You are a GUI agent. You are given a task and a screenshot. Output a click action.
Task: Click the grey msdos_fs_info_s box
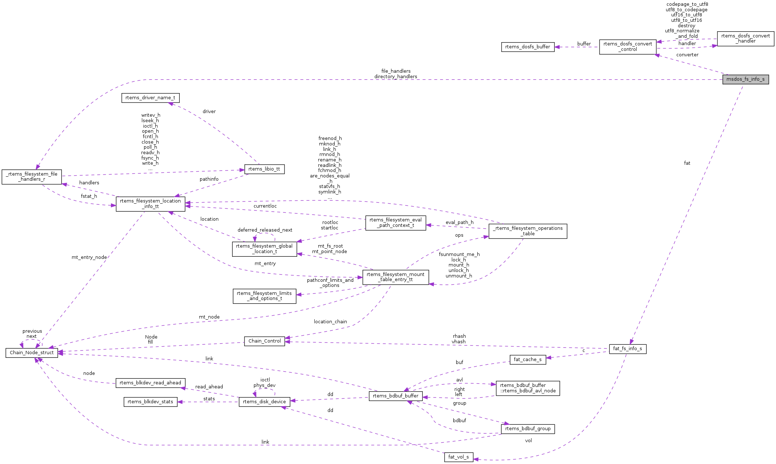click(x=745, y=79)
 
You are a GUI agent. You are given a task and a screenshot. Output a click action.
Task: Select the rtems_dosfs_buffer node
click(x=528, y=47)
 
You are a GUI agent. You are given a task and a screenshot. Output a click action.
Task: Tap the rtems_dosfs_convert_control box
click(x=628, y=47)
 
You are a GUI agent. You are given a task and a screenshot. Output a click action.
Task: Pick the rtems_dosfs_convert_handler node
click(x=745, y=39)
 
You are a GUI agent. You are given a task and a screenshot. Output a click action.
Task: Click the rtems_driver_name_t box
click(x=150, y=98)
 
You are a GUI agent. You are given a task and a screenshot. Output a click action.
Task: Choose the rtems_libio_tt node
click(x=264, y=169)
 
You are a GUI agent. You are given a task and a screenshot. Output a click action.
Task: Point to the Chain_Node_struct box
click(x=32, y=353)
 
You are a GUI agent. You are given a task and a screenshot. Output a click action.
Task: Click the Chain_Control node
click(x=264, y=341)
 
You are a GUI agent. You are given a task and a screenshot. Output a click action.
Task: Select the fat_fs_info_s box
click(x=628, y=349)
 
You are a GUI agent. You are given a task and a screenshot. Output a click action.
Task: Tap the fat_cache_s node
click(x=528, y=360)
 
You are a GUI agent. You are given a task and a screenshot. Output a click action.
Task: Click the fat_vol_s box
click(x=458, y=457)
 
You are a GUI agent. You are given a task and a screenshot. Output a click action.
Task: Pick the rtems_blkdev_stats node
click(x=150, y=402)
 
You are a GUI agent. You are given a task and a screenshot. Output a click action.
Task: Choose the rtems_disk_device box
click(x=264, y=402)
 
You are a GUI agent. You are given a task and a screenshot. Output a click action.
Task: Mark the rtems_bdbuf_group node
click(x=528, y=429)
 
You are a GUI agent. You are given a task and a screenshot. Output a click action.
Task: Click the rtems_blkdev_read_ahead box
click(x=150, y=383)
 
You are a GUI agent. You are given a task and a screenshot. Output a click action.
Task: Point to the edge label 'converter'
click(x=687, y=55)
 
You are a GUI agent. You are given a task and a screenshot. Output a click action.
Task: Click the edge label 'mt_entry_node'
click(x=89, y=257)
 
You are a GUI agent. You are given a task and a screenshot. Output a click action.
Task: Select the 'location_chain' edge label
click(x=330, y=322)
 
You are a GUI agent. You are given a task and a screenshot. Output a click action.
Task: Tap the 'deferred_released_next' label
click(x=265, y=230)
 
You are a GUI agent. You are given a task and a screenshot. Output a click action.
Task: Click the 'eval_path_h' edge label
click(x=459, y=223)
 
